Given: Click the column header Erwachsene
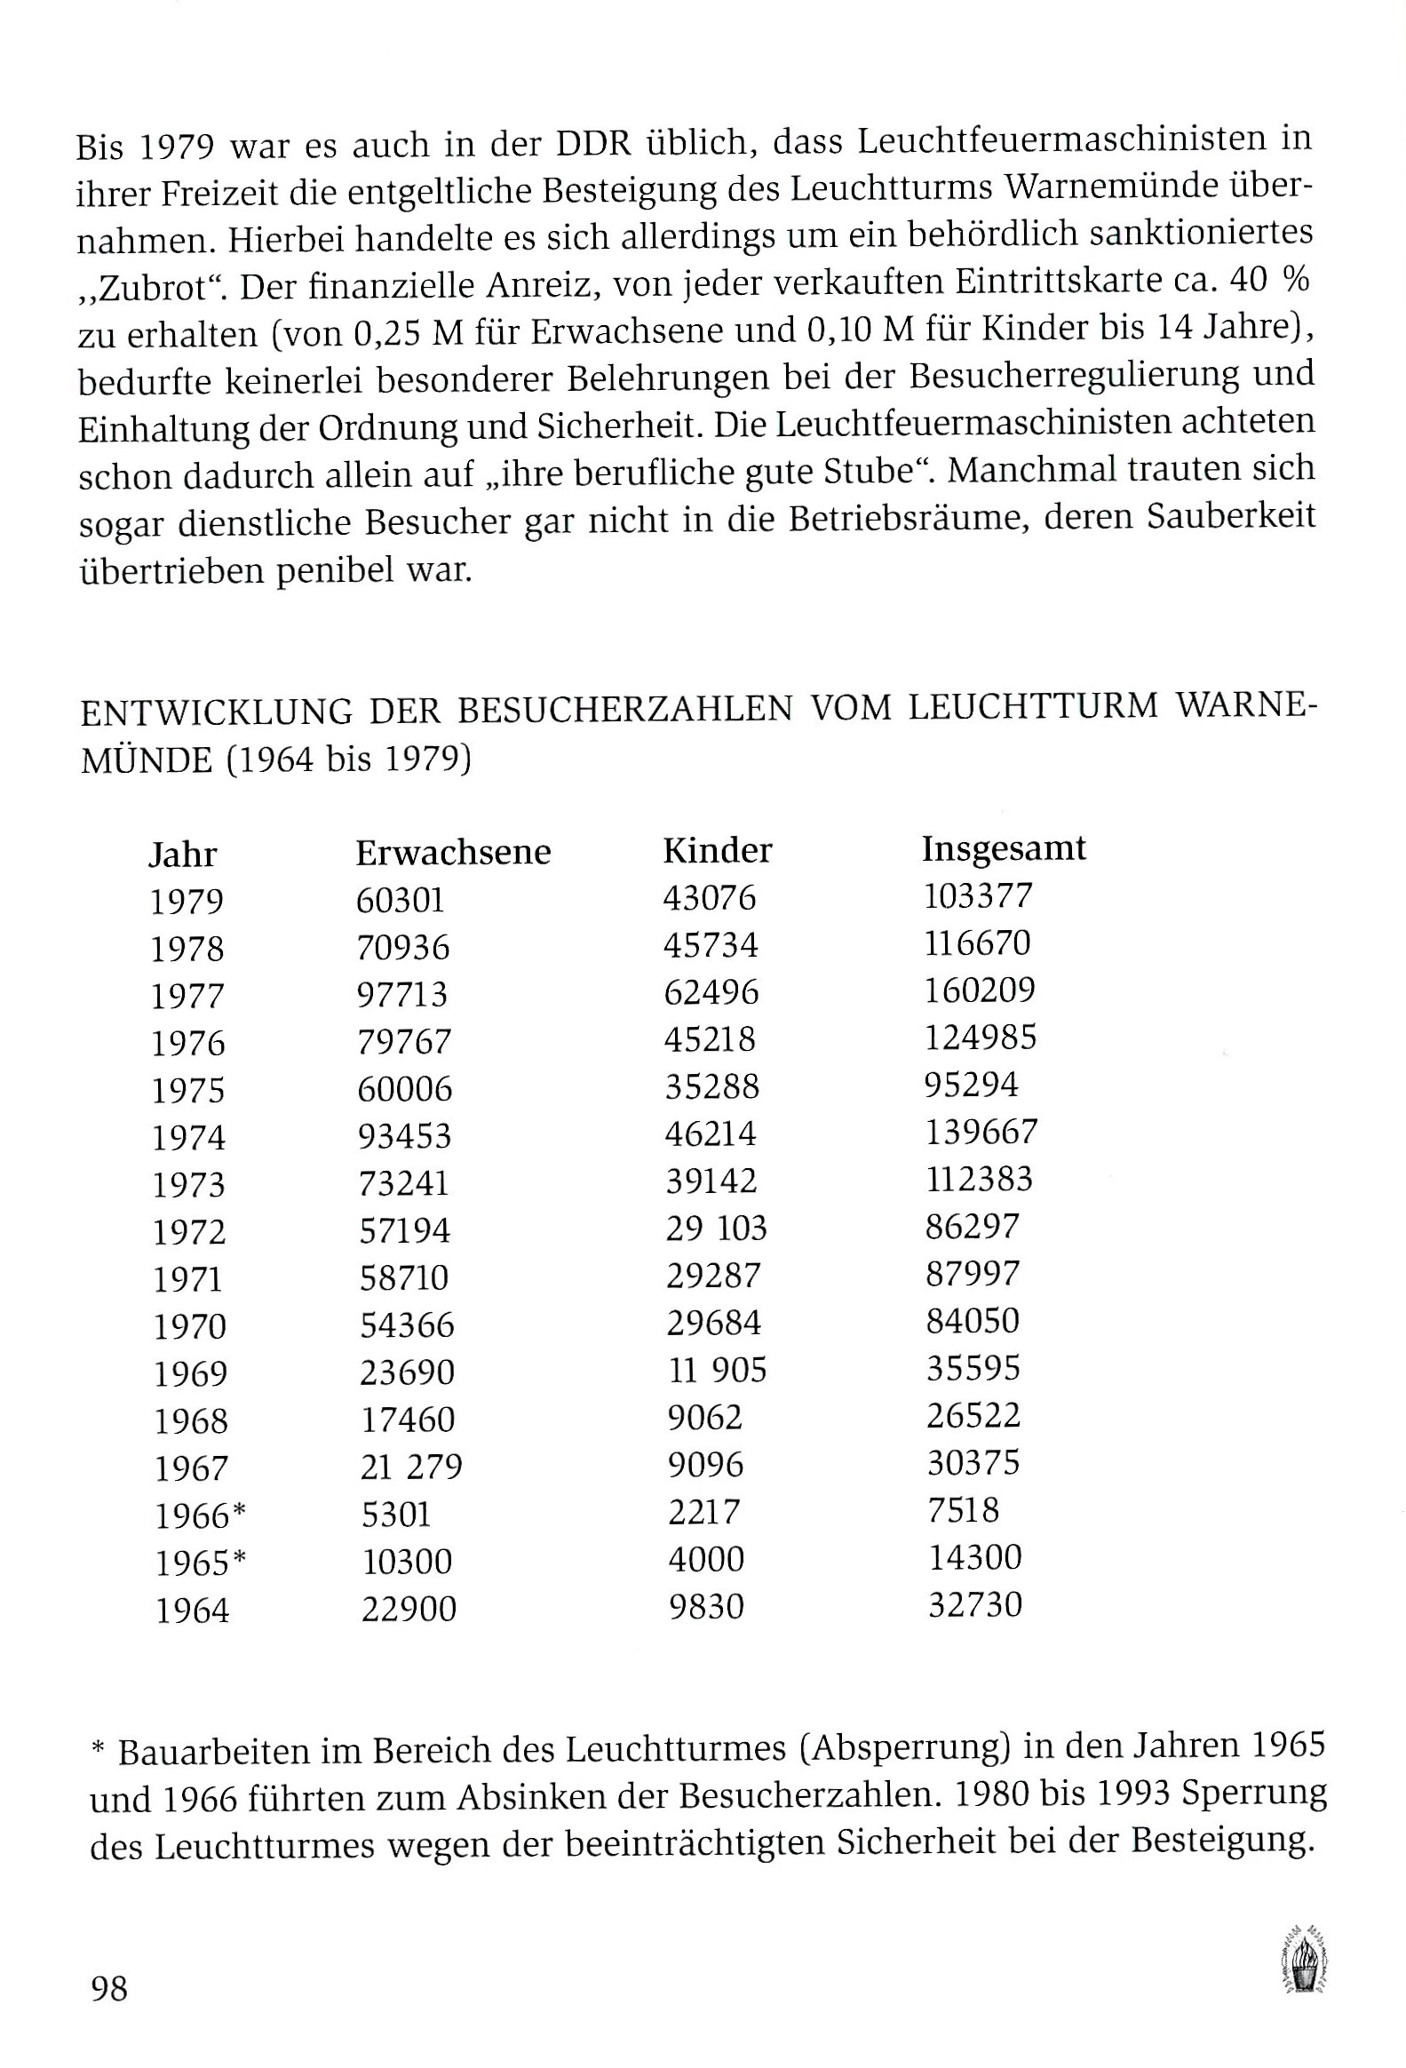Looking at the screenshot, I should [x=453, y=853].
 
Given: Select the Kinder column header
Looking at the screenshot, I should [x=718, y=851].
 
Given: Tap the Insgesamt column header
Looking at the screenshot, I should [x=1004, y=847].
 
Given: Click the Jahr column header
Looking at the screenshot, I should [x=182, y=855].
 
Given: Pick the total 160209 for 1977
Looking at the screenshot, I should [x=979, y=990].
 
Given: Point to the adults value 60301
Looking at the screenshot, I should [x=400, y=901].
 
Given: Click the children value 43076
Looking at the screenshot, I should [x=710, y=897].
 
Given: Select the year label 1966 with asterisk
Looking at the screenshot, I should [x=201, y=1515].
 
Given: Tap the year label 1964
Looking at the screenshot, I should [x=192, y=1611].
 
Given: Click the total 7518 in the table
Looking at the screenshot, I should [x=964, y=1510].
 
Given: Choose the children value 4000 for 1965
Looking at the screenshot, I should [x=706, y=1559].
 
